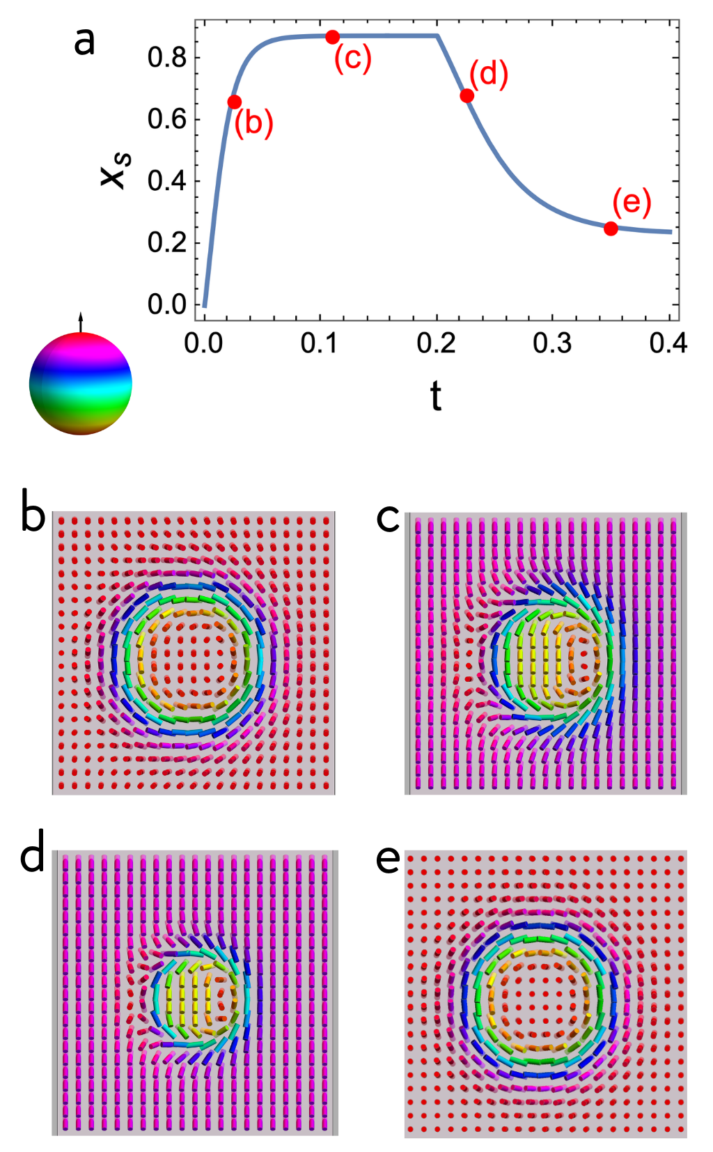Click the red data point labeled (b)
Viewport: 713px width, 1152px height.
coord(235,102)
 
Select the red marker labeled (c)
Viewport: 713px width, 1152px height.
coord(333,37)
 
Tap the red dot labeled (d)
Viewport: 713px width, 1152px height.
coord(467,95)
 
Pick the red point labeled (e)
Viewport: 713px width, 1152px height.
coord(611,228)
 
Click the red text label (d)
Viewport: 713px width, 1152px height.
coord(489,73)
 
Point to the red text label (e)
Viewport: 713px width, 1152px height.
coord(632,202)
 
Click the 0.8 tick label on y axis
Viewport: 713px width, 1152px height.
coord(167,58)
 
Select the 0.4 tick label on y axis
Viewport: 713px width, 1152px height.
coord(167,181)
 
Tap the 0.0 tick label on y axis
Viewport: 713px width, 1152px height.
coord(167,304)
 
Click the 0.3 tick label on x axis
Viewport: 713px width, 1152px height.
coord(552,343)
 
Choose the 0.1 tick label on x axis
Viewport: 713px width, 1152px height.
coord(320,343)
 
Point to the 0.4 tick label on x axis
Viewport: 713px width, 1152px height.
coord(668,343)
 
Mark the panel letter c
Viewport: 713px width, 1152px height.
coord(388,518)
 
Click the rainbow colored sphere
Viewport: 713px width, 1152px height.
coord(81,384)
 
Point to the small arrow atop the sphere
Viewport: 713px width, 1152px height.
coord(81,322)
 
